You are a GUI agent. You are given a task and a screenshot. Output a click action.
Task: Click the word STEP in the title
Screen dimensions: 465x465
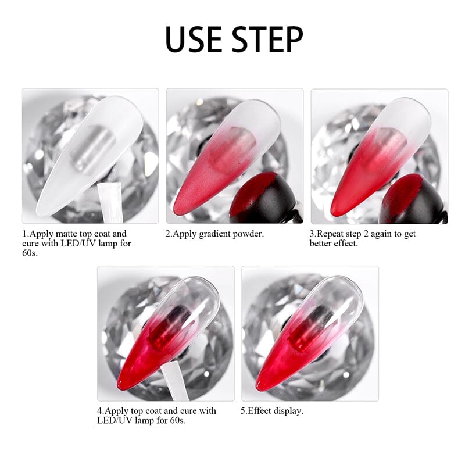(x=267, y=39)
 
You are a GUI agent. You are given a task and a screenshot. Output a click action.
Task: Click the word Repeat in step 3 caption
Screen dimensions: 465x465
(x=332, y=234)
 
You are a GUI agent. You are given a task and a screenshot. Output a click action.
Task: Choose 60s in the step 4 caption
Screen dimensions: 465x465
(x=176, y=420)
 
